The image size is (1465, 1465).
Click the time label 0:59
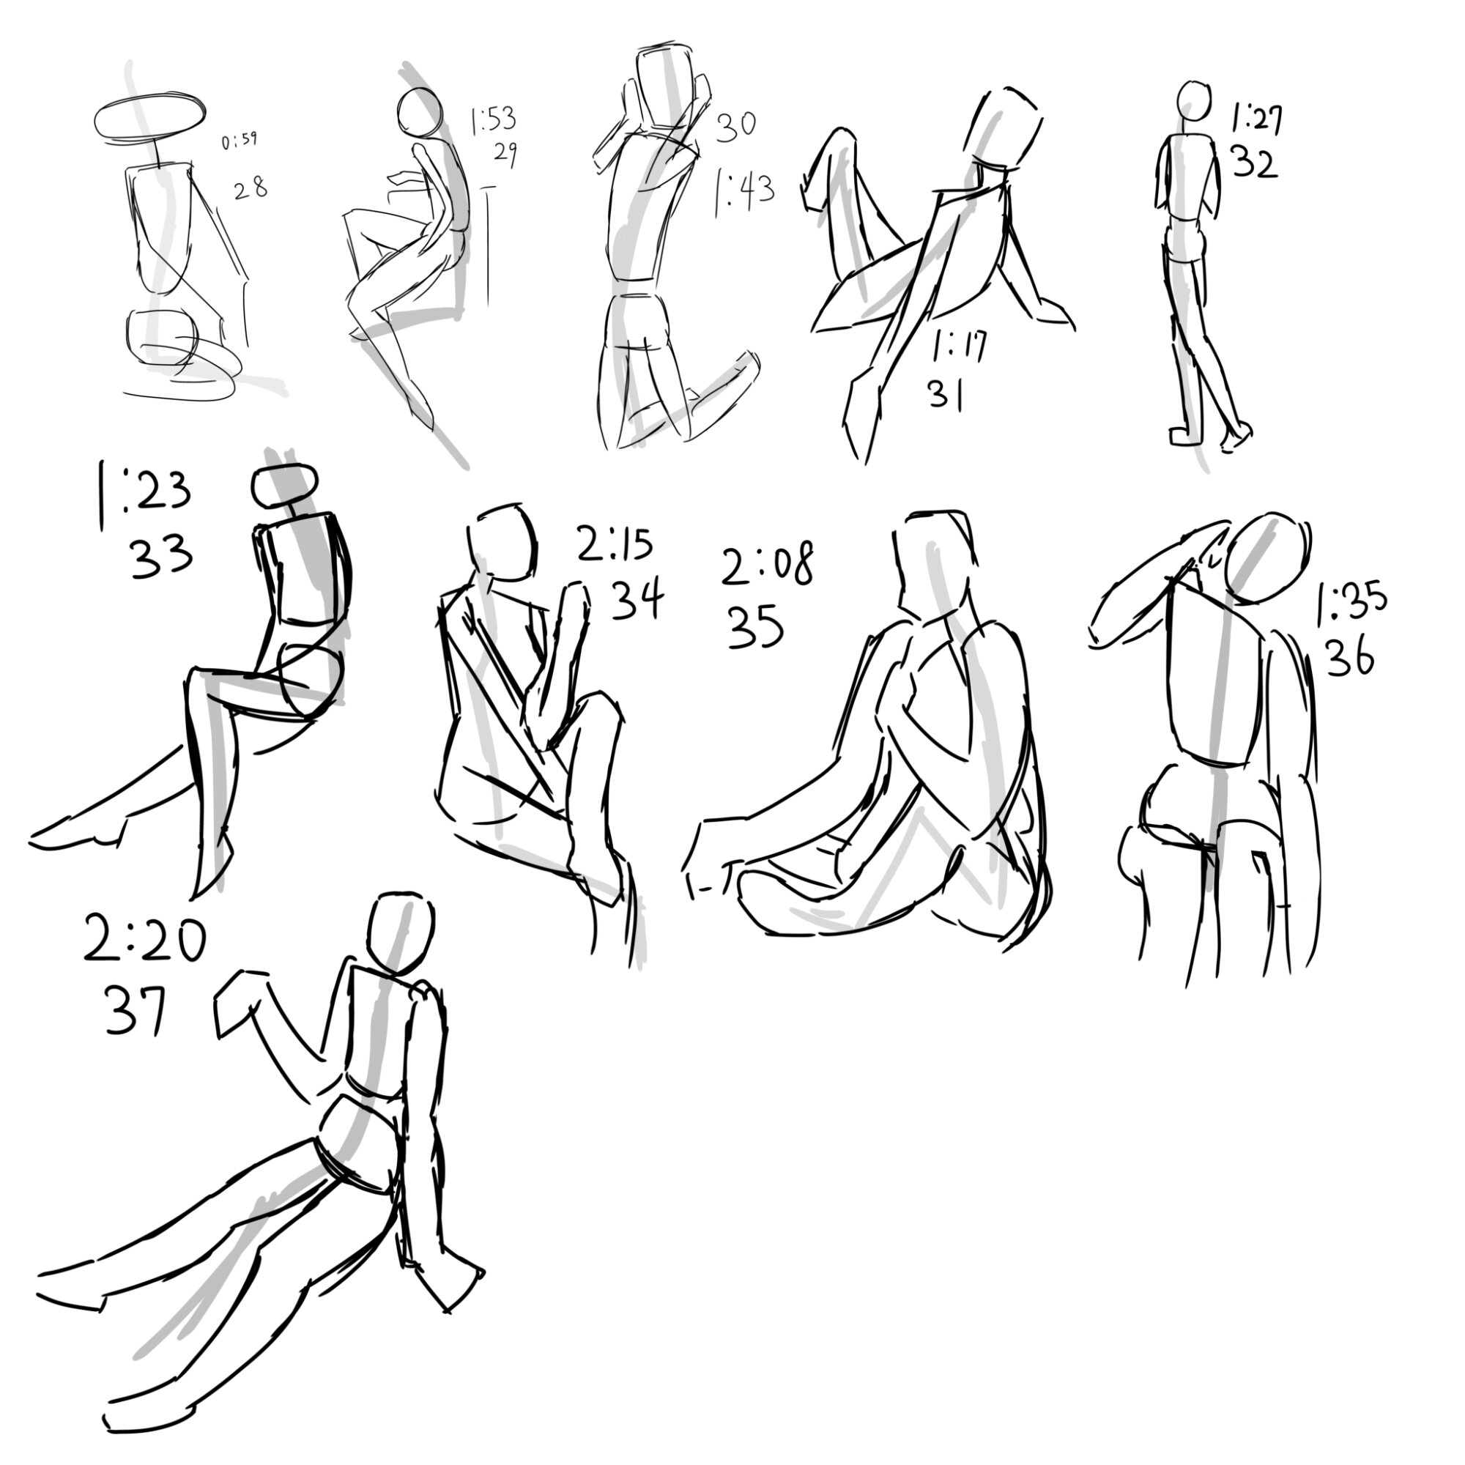tap(240, 141)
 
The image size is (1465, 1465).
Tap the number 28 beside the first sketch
tap(251, 189)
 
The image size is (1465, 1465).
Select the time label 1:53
tap(493, 120)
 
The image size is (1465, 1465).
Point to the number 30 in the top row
tap(736, 125)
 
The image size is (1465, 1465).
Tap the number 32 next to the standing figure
tap(1255, 163)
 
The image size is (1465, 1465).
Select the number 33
tap(161, 557)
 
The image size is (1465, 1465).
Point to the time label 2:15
tap(615, 543)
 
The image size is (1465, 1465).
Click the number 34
tap(637, 599)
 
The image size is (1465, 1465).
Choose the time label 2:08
tap(768, 565)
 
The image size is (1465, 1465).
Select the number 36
tap(1349, 656)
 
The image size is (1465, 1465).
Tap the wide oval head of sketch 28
tap(149, 119)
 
